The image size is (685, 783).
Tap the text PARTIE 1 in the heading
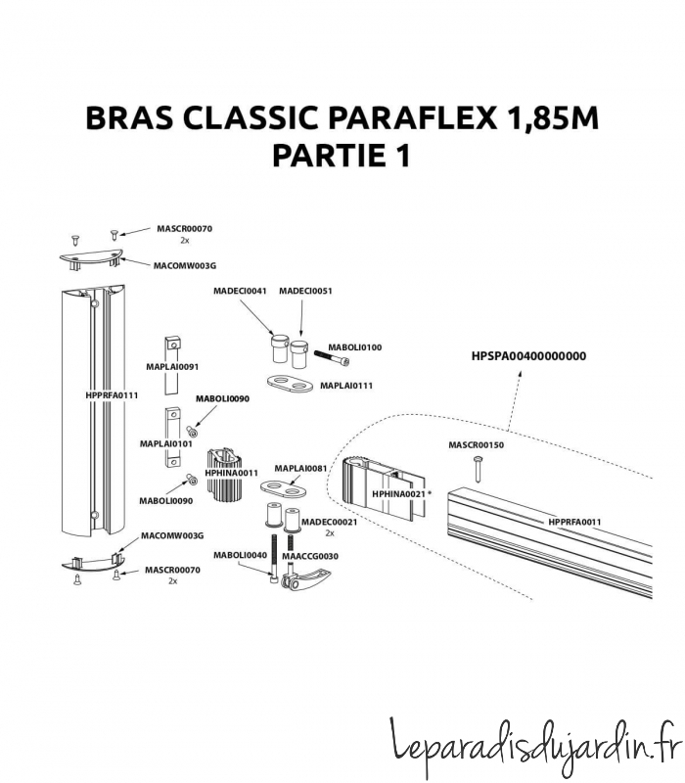pos(341,156)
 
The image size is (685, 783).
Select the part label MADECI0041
pos(240,292)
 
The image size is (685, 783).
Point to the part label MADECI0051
pos(305,292)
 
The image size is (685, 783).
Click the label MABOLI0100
pos(354,347)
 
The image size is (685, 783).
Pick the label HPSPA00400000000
pos(528,356)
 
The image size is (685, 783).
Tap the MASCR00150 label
pos(476,445)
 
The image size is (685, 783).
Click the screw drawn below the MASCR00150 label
pos(477,467)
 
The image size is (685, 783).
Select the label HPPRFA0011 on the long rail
pos(574,522)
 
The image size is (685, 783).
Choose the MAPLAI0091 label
pos(172,367)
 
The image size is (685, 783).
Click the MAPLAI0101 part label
pos(166,443)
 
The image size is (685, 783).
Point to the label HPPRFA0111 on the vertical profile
pos(112,395)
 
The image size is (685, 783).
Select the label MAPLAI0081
pos(299,469)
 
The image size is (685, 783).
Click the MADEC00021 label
pos(330,522)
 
